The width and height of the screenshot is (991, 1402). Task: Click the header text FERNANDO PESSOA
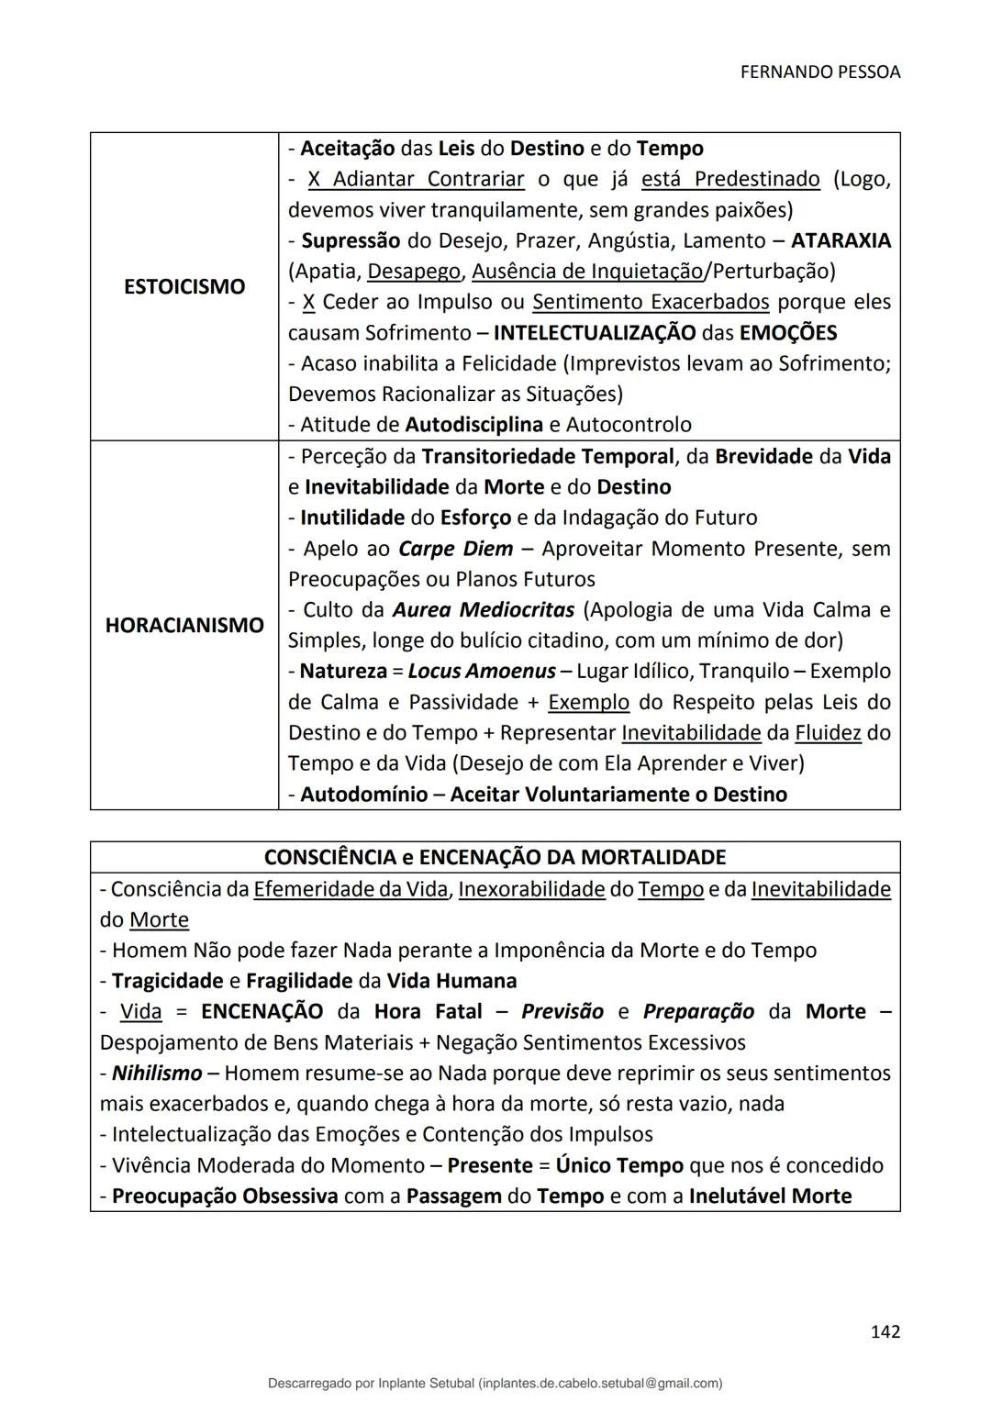pos(819,72)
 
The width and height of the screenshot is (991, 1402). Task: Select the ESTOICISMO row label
pos(184,286)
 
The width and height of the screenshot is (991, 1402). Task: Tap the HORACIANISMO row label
pos(184,625)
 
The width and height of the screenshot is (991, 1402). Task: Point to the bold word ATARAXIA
pos(841,240)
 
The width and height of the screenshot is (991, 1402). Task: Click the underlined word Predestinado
pos(757,179)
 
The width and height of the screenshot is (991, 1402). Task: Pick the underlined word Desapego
pos(414,272)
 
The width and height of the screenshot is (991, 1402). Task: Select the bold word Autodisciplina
pos(473,425)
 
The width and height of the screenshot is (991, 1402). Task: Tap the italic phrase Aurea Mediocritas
pos(483,610)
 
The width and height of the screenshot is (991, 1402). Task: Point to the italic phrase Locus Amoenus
pos(481,672)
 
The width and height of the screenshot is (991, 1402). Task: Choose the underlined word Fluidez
pos(828,733)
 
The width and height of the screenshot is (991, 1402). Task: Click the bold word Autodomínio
pos(363,795)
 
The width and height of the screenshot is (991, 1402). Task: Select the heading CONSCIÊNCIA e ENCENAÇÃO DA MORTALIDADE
pos(495,857)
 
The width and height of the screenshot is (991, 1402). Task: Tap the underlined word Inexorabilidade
pos(531,889)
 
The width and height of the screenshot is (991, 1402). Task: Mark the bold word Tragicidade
pos(167,981)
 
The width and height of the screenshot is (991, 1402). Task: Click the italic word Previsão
pos(562,1012)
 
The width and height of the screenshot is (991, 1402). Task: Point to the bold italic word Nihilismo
pos(157,1074)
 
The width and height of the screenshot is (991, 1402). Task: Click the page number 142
pos(885,1331)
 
